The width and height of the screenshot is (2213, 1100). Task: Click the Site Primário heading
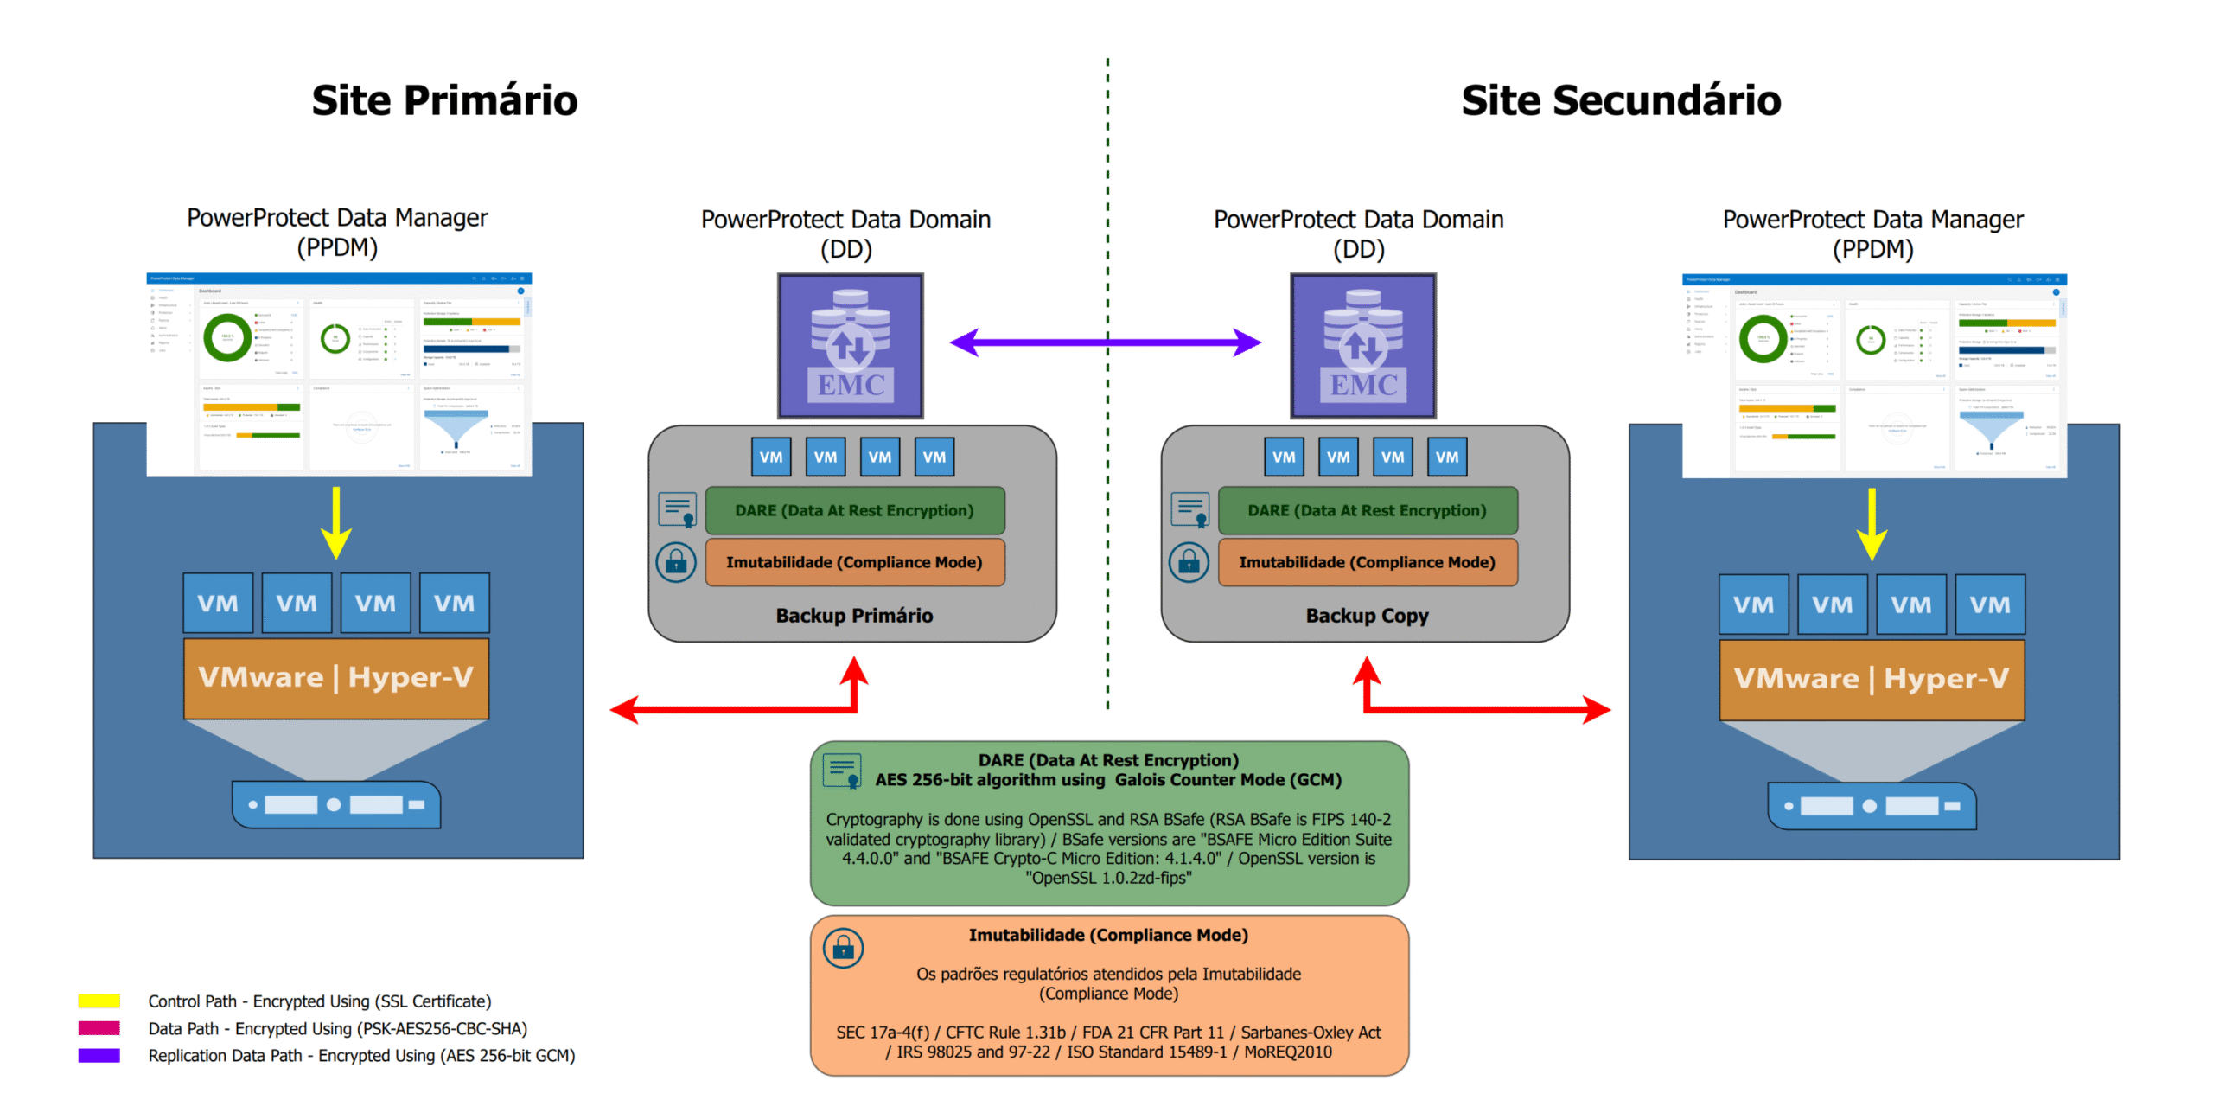(444, 100)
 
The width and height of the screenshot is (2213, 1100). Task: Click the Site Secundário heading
(1620, 100)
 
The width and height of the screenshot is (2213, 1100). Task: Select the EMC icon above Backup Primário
(850, 346)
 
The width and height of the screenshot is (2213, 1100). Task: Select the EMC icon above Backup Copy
(1362, 346)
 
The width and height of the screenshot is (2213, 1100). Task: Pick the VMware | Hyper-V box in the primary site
(336, 678)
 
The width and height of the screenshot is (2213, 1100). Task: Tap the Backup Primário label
(854, 616)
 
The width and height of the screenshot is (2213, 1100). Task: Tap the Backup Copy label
(1367, 616)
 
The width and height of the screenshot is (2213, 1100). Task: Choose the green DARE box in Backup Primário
(854, 510)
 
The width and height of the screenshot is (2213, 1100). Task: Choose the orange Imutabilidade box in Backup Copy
(1367, 562)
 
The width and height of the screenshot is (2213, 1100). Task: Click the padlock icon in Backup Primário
(676, 562)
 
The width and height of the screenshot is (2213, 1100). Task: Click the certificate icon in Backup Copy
(1189, 509)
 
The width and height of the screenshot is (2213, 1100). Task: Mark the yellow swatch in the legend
(99, 1001)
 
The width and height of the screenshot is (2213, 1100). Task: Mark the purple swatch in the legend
(99, 1055)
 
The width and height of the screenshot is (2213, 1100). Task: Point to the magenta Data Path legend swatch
(99, 1028)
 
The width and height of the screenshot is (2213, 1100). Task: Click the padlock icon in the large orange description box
(843, 948)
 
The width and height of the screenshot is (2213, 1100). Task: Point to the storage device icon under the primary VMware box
(335, 804)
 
